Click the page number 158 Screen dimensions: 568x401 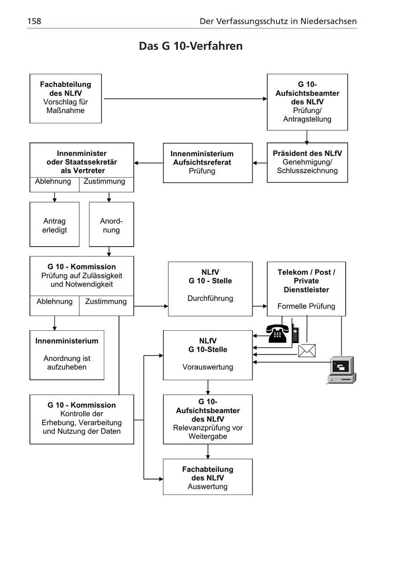(x=34, y=21)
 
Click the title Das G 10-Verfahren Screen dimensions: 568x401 (x=191, y=46)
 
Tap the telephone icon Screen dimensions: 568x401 (x=278, y=333)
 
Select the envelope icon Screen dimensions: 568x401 (x=307, y=351)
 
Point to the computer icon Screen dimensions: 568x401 (x=341, y=369)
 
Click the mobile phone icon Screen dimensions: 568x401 (x=295, y=334)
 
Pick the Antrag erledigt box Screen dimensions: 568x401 (x=54, y=225)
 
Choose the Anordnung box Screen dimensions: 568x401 (x=111, y=225)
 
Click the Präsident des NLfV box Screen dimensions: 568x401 (x=307, y=162)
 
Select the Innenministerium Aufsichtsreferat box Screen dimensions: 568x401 (x=208, y=162)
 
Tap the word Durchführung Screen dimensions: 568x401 (x=210, y=298)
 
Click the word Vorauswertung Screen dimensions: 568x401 (x=208, y=367)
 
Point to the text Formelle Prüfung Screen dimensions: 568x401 (x=306, y=306)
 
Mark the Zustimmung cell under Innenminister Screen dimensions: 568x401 (x=105, y=182)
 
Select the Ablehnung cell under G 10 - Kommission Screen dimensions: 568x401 (x=54, y=302)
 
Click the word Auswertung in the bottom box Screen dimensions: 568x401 (x=208, y=487)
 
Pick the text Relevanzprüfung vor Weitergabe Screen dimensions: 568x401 (x=208, y=432)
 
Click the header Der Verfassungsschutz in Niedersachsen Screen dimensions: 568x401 (x=278, y=21)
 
